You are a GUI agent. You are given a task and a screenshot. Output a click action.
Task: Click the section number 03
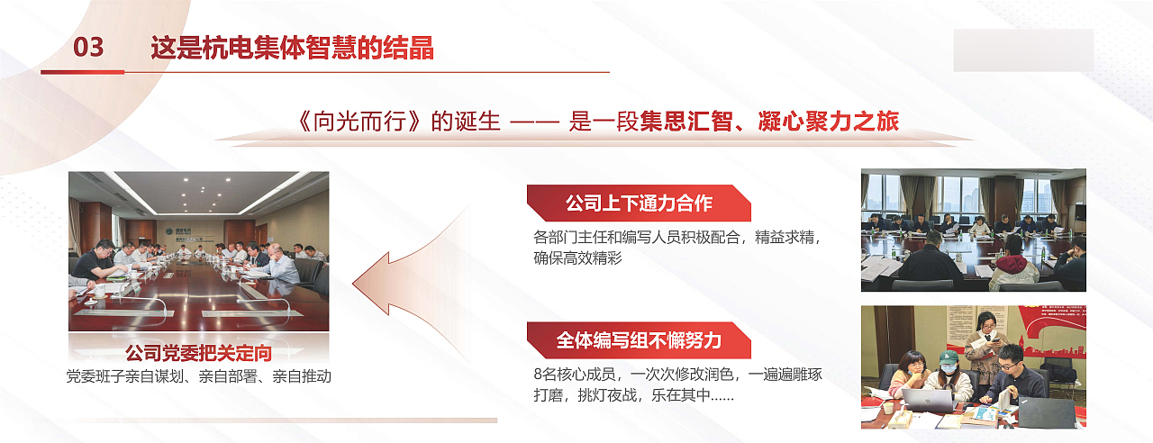pyautogui.click(x=88, y=47)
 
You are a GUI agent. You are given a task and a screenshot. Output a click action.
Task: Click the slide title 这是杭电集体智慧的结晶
pyautogui.click(x=292, y=48)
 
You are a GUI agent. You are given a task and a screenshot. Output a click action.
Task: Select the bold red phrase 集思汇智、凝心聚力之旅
pyautogui.click(x=770, y=122)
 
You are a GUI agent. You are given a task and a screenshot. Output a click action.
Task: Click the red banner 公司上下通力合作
pyautogui.click(x=639, y=203)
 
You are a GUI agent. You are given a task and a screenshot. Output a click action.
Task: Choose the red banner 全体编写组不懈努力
pyautogui.click(x=639, y=339)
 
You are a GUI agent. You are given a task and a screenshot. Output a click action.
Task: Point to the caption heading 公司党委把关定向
pyautogui.click(x=198, y=352)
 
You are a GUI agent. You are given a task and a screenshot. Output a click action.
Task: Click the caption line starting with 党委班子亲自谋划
pyautogui.click(x=198, y=376)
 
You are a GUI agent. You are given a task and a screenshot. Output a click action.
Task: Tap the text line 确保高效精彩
pyautogui.click(x=577, y=258)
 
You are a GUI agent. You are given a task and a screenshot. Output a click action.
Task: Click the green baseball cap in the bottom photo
pyautogui.click(x=948, y=357)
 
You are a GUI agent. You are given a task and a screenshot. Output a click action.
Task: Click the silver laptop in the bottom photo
pyautogui.click(x=928, y=401)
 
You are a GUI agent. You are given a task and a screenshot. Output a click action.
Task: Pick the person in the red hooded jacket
pyautogui.click(x=1013, y=263)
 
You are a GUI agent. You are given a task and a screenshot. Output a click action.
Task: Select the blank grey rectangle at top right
pyautogui.click(x=1023, y=50)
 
